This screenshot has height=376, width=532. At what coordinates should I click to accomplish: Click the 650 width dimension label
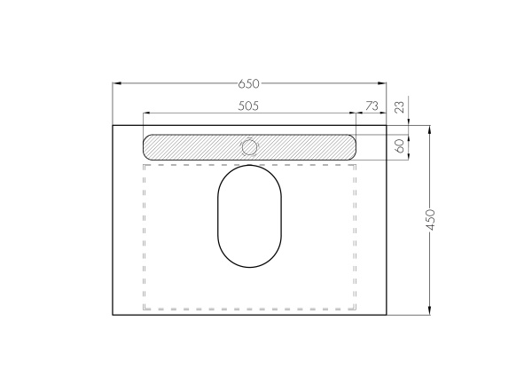(248, 83)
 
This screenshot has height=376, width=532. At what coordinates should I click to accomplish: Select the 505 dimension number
(248, 106)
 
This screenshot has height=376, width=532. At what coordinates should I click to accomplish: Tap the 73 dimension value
(372, 106)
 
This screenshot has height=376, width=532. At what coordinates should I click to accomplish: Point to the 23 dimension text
(401, 106)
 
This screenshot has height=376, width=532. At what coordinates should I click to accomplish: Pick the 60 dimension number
(401, 146)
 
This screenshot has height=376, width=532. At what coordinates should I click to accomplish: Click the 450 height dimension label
(430, 220)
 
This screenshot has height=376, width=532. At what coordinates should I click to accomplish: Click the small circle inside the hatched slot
(249, 147)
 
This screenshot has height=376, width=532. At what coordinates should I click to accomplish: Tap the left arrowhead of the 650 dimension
(117, 83)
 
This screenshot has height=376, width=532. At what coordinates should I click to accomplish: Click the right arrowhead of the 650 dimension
(382, 83)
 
